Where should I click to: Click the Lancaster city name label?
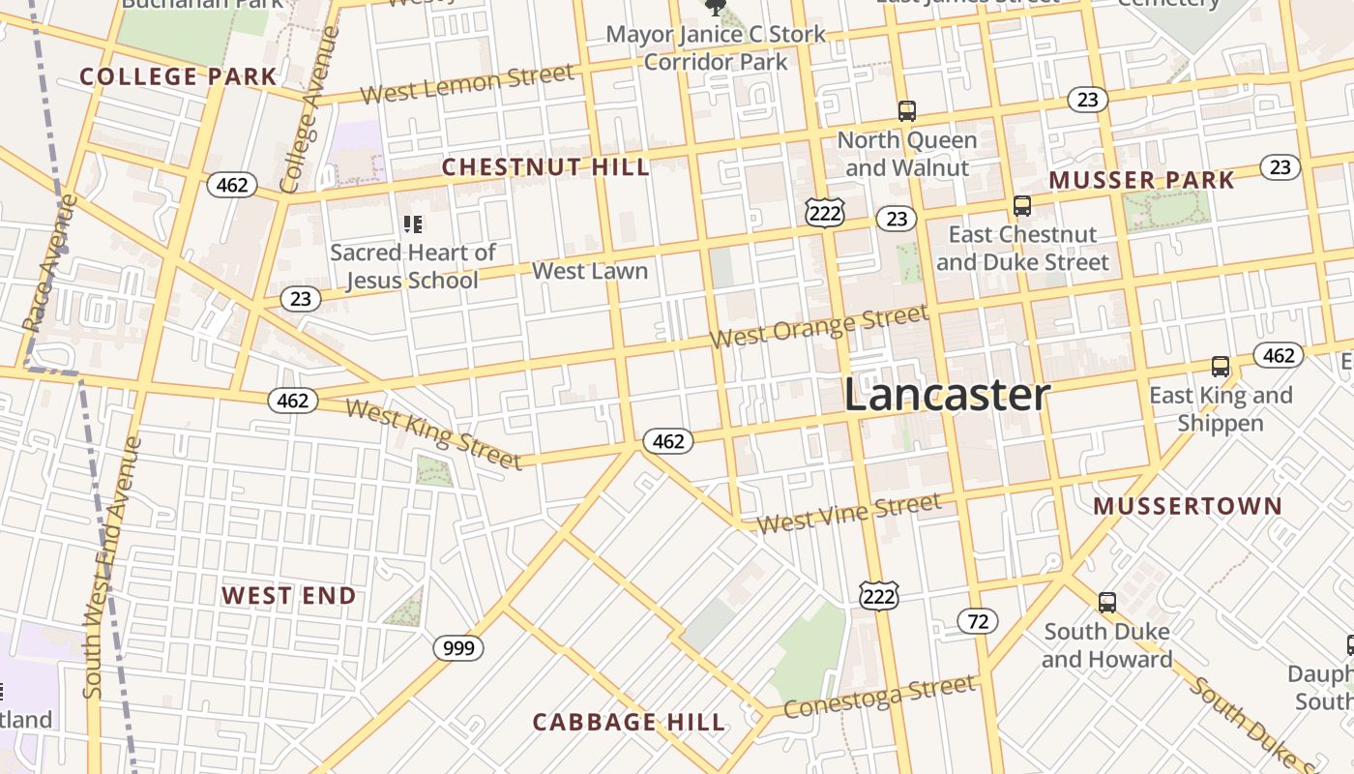click(x=947, y=395)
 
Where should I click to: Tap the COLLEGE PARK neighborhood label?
click(x=178, y=76)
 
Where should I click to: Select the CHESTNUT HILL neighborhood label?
click(x=545, y=167)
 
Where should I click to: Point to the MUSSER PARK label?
click(x=1141, y=180)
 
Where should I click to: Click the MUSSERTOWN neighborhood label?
click(x=1188, y=506)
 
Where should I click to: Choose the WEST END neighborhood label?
click(x=289, y=596)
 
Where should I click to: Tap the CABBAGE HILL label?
click(x=629, y=722)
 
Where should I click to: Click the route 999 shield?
click(x=457, y=647)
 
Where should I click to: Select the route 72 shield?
click(x=978, y=621)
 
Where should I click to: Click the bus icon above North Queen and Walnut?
click(x=906, y=111)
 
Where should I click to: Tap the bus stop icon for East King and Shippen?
click(x=1221, y=367)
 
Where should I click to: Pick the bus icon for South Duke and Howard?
click(x=1107, y=603)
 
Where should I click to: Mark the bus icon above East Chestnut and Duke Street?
click(x=1021, y=206)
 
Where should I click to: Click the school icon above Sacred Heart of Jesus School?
click(x=413, y=224)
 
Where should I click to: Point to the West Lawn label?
click(x=590, y=271)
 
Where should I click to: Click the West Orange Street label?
click(x=819, y=326)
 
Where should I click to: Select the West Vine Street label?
click(x=848, y=513)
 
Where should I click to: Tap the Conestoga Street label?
click(x=879, y=697)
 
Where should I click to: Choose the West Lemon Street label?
click(x=467, y=83)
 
